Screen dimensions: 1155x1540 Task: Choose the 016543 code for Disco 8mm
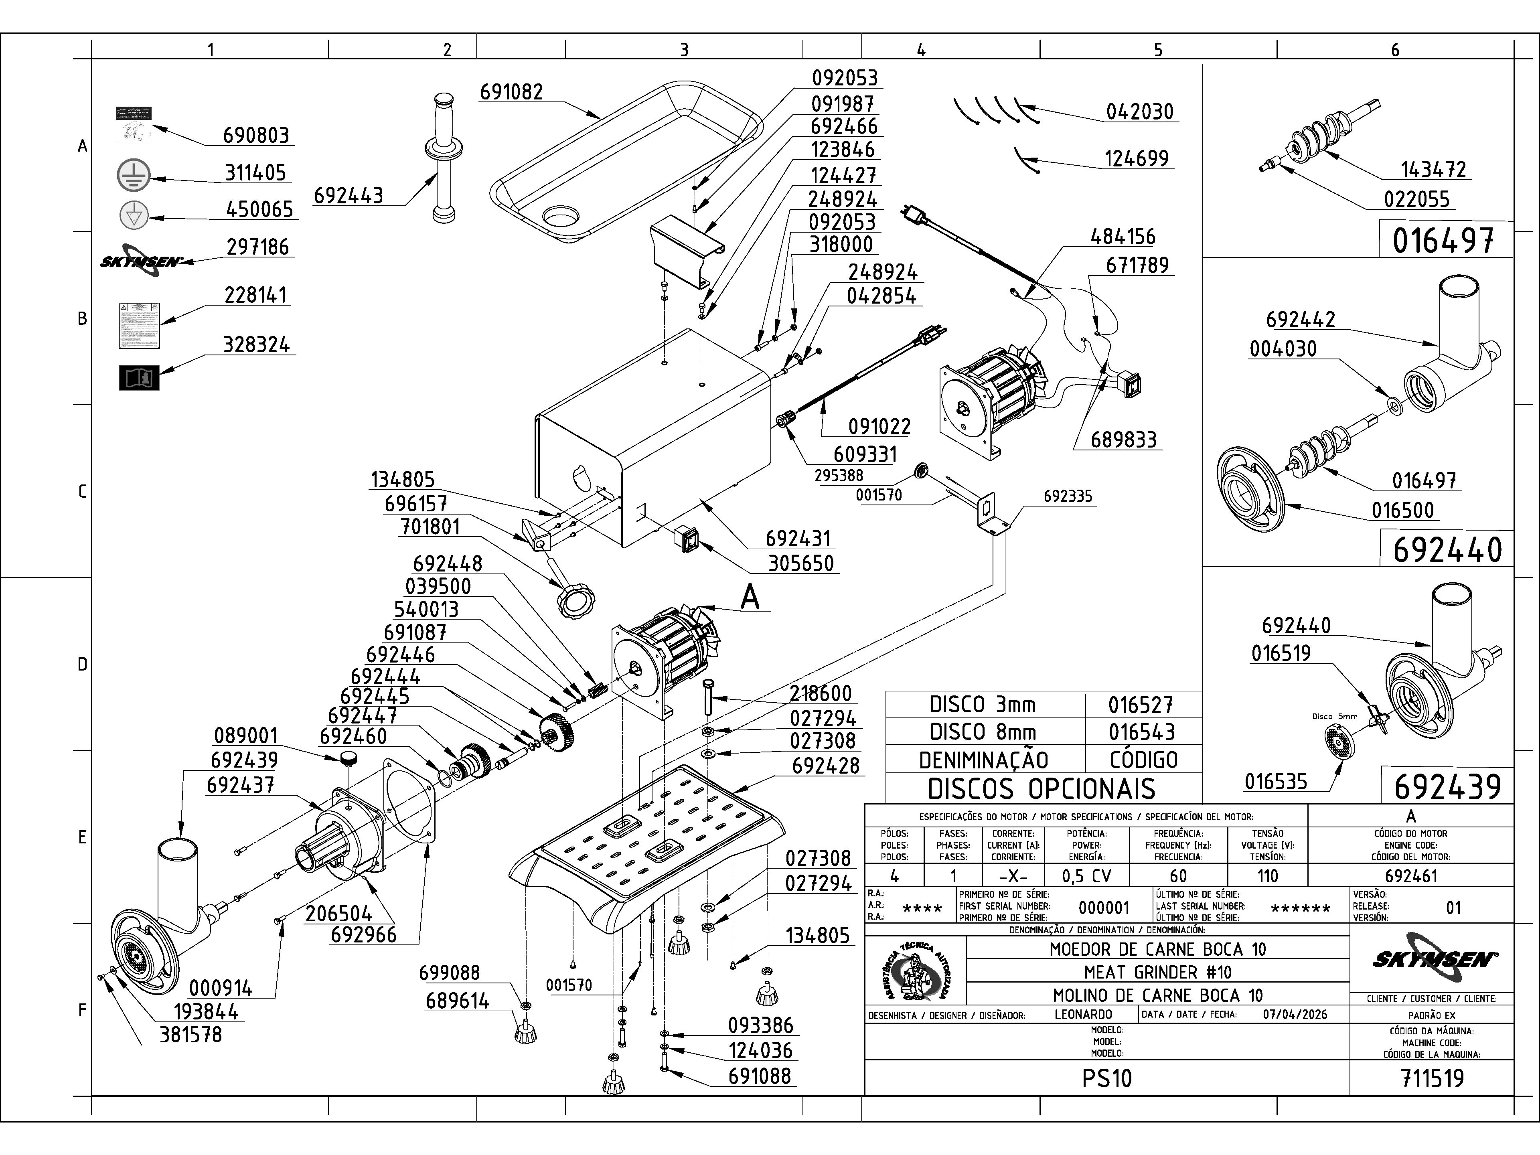point(1141,732)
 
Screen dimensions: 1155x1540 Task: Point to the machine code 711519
point(1431,1078)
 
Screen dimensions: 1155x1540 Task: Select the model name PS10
point(1107,1078)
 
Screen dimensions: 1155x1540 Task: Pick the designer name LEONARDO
point(1083,1014)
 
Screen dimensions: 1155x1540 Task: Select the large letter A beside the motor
point(750,597)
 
